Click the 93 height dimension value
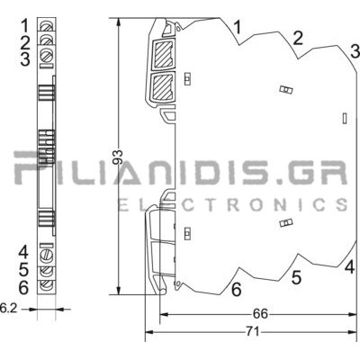click(x=120, y=157)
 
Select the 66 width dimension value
click(x=260, y=314)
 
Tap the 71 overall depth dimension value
click(x=253, y=332)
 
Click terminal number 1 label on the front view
click(x=25, y=25)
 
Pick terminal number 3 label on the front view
click(x=25, y=59)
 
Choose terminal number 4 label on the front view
click(x=23, y=252)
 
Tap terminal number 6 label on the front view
click(x=23, y=288)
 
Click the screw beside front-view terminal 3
click(x=47, y=56)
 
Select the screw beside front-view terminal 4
click(x=47, y=255)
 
